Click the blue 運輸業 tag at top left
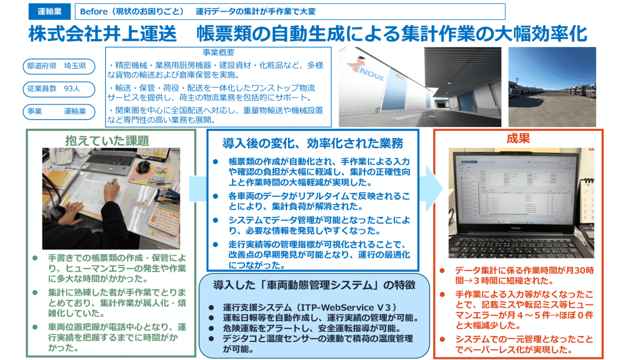[x=49, y=11]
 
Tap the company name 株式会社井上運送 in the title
[x=102, y=33]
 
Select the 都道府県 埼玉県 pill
[x=58, y=66]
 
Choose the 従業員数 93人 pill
[x=58, y=89]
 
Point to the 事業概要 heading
[x=218, y=52]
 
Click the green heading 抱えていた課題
[x=107, y=140]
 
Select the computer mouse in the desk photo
[x=143, y=166]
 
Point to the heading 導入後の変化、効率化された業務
[x=312, y=143]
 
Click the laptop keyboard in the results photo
[x=520, y=245]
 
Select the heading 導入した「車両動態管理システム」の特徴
[x=314, y=285]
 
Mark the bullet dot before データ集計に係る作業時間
[x=442, y=271]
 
